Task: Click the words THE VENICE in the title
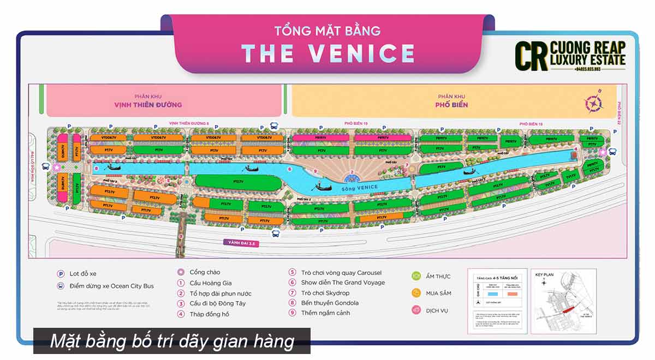click(x=328, y=53)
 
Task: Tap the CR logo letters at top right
click(x=532, y=55)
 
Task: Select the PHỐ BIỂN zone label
click(x=452, y=105)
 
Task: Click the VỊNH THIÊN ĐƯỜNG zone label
click(x=148, y=105)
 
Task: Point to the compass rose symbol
click(x=592, y=103)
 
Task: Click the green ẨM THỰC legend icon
click(x=416, y=276)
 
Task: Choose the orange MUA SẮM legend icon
click(x=416, y=293)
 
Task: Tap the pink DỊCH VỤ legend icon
click(x=416, y=310)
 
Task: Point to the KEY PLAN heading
click(x=544, y=275)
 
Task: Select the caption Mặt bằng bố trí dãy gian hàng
click(x=172, y=341)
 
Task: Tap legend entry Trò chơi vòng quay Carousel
click(x=341, y=273)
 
